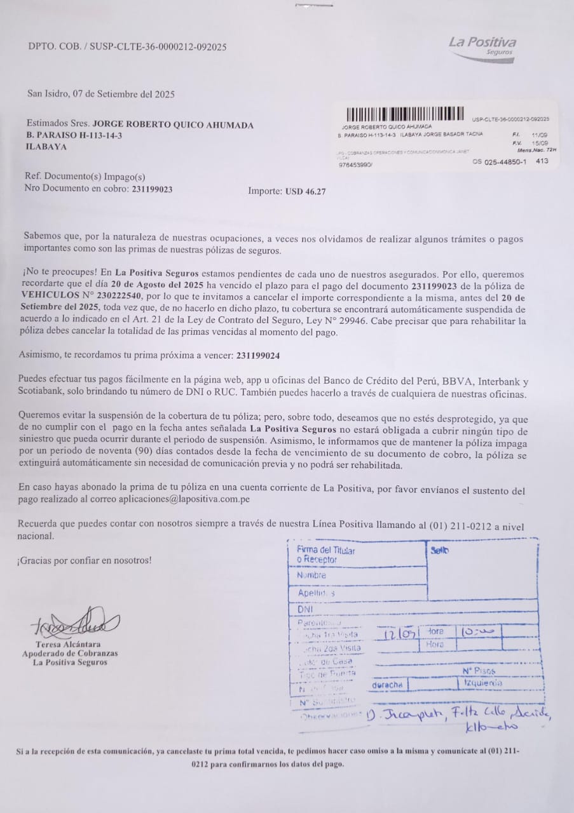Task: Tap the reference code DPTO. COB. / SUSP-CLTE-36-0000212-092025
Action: click(x=127, y=46)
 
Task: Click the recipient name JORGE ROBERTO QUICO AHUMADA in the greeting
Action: click(x=173, y=125)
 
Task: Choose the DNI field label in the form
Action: click(x=305, y=608)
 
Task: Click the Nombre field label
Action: click(x=311, y=575)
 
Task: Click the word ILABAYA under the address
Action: click(x=45, y=147)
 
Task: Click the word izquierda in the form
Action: click(x=483, y=683)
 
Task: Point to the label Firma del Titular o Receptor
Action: click(x=325, y=555)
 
